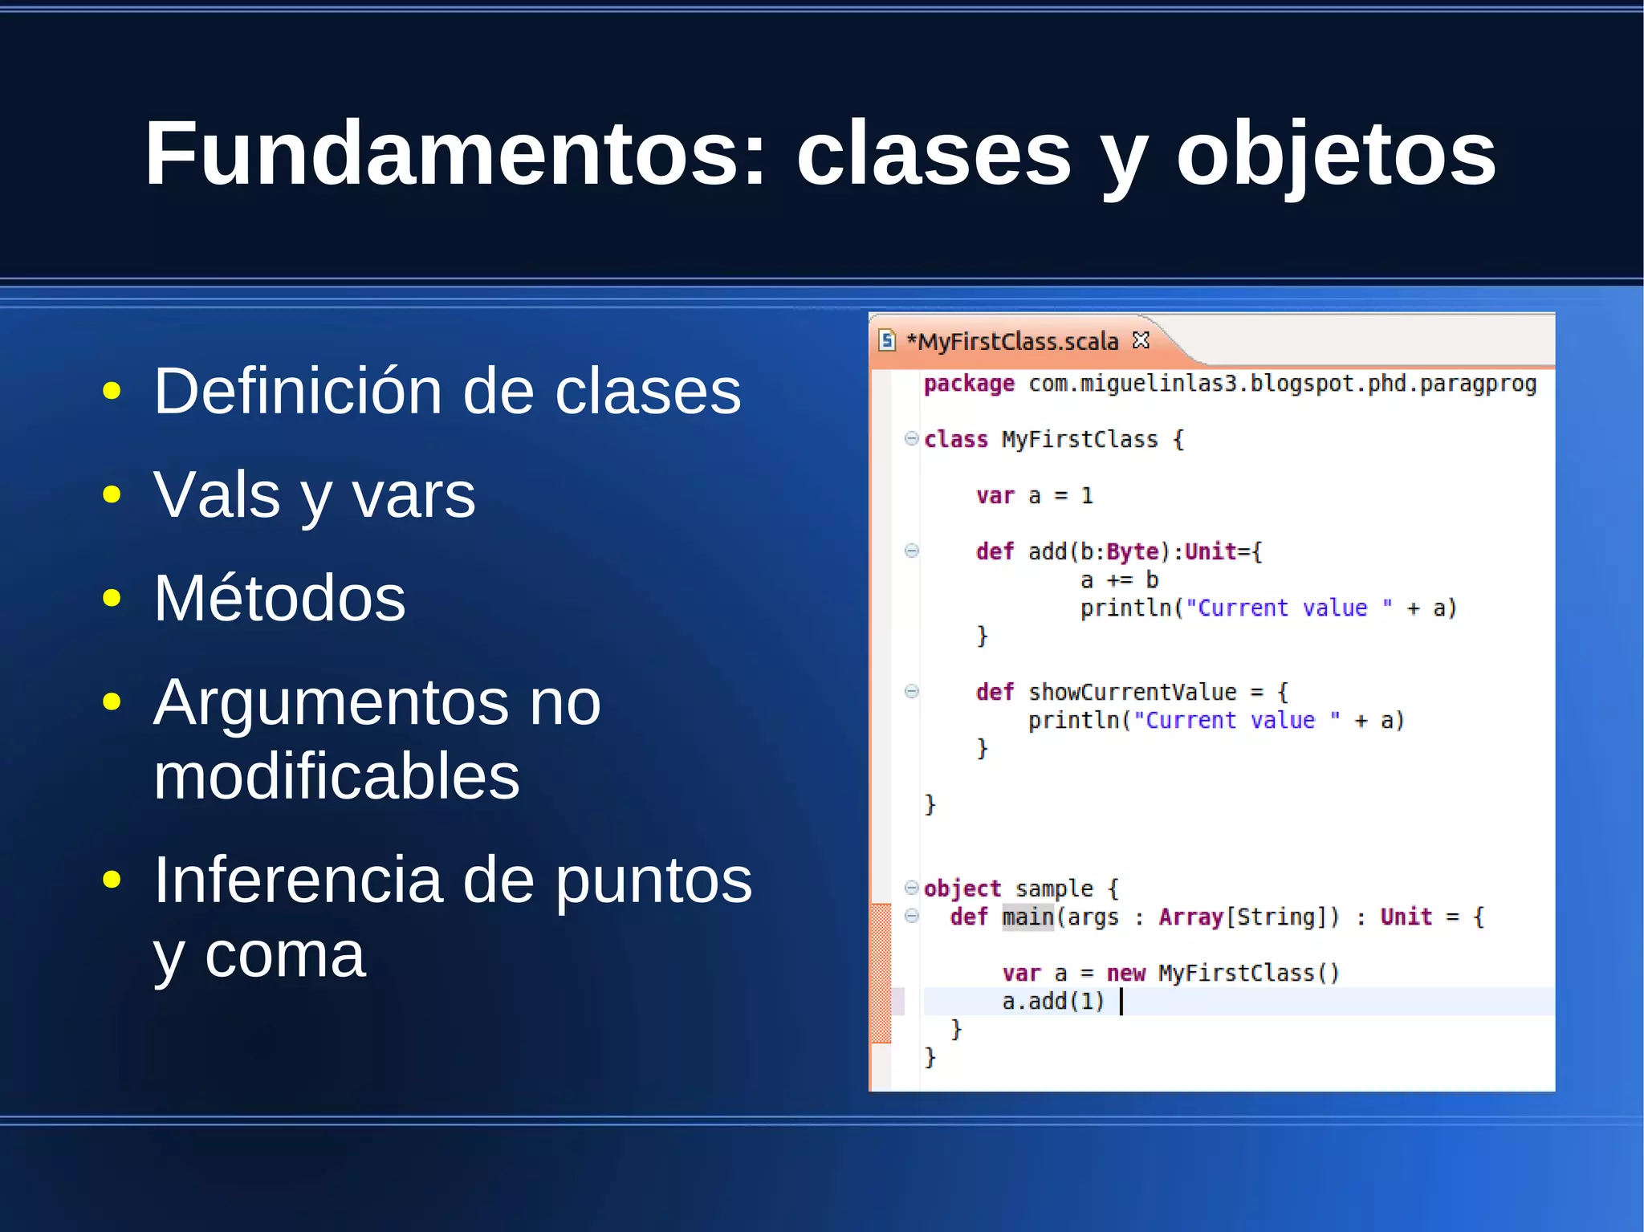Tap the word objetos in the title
1336,154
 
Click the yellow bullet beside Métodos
112,598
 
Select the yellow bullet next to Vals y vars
112,494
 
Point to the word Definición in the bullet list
298,391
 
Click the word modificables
336,777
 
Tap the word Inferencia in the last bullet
298,880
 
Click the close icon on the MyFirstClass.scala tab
1141,340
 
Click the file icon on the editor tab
887,340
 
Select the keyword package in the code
969,384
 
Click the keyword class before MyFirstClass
955,440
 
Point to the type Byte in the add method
1132,552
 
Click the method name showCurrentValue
1132,692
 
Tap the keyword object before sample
962,888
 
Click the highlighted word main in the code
1027,917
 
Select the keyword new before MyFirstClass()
1125,974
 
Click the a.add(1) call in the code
1053,1002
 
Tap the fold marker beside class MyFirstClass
911,438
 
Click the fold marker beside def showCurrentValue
911,691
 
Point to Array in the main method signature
1190,917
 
